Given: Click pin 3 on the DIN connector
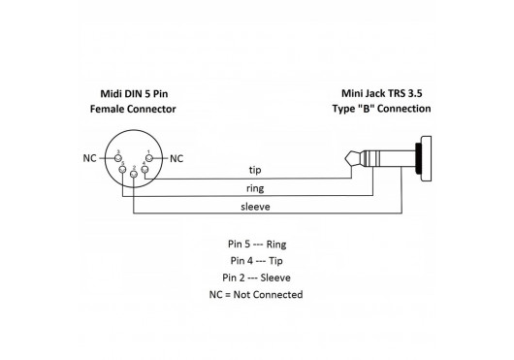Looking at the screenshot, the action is pos(118,158).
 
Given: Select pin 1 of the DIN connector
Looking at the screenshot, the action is pos(149,158).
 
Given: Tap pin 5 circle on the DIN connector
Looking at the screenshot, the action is pos(122,169).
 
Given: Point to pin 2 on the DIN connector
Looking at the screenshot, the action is pos(134,174).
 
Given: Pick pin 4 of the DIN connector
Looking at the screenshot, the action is pos(145,169).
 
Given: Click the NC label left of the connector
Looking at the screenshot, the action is pos(89,158).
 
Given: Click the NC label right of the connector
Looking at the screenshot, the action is pos(177,159).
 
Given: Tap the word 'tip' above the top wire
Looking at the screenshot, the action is pos(255,170).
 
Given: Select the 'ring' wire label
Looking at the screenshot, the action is pos(255,188).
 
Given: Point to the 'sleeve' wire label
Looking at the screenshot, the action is pos(255,207).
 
